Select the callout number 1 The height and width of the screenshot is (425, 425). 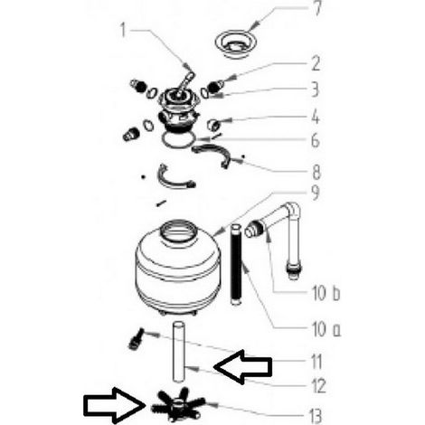click(123, 31)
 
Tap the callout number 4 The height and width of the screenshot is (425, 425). click(315, 117)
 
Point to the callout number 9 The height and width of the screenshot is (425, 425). click(315, 193)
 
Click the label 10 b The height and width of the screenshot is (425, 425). click(326, 293)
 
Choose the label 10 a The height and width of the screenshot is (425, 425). click(326, 329)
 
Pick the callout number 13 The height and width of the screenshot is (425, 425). click(316, 416)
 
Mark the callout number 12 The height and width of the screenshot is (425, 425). click(318, 386)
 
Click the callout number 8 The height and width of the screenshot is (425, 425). click(316, 173)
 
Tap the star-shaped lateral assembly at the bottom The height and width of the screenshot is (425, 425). click(177, 404)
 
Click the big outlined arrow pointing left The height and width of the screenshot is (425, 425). click(242, 366)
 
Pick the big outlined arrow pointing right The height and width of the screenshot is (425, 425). click(114, 405)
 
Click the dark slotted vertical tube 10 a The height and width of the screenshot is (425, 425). click(236, 264)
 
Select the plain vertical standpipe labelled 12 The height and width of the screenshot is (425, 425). click(178, 353)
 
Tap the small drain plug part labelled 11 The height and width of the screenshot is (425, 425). click(136, 339)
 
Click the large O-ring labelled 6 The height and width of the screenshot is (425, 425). click(179, 138)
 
